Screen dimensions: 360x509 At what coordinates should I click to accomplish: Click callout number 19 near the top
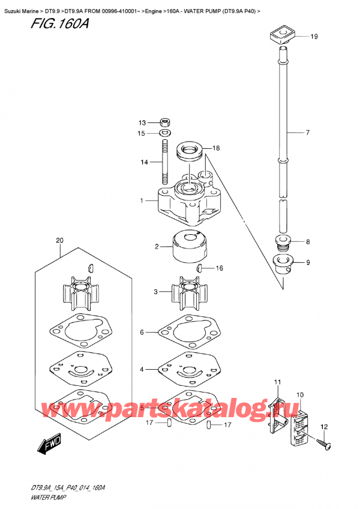pyautogui.click(x=314, y=37)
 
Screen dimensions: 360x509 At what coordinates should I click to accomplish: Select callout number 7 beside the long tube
pyautogui.click(x=307, y=133)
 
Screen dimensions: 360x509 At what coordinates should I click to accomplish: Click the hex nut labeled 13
pyautogui.click(x=166, y=122)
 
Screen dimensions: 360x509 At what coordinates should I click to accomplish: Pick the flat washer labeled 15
pyautogui.click(x=166, y=133)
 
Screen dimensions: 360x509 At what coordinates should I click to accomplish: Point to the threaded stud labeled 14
pyautogui.click(x=165, y=161)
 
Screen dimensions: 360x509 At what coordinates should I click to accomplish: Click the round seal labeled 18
pyautogui.click(x=190, y=151)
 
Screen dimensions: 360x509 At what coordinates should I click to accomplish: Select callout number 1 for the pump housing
pyautogui.click(x=142, y=201)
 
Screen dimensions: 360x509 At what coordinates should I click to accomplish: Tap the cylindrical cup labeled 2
pyautogui.click(x=190, y=246)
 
